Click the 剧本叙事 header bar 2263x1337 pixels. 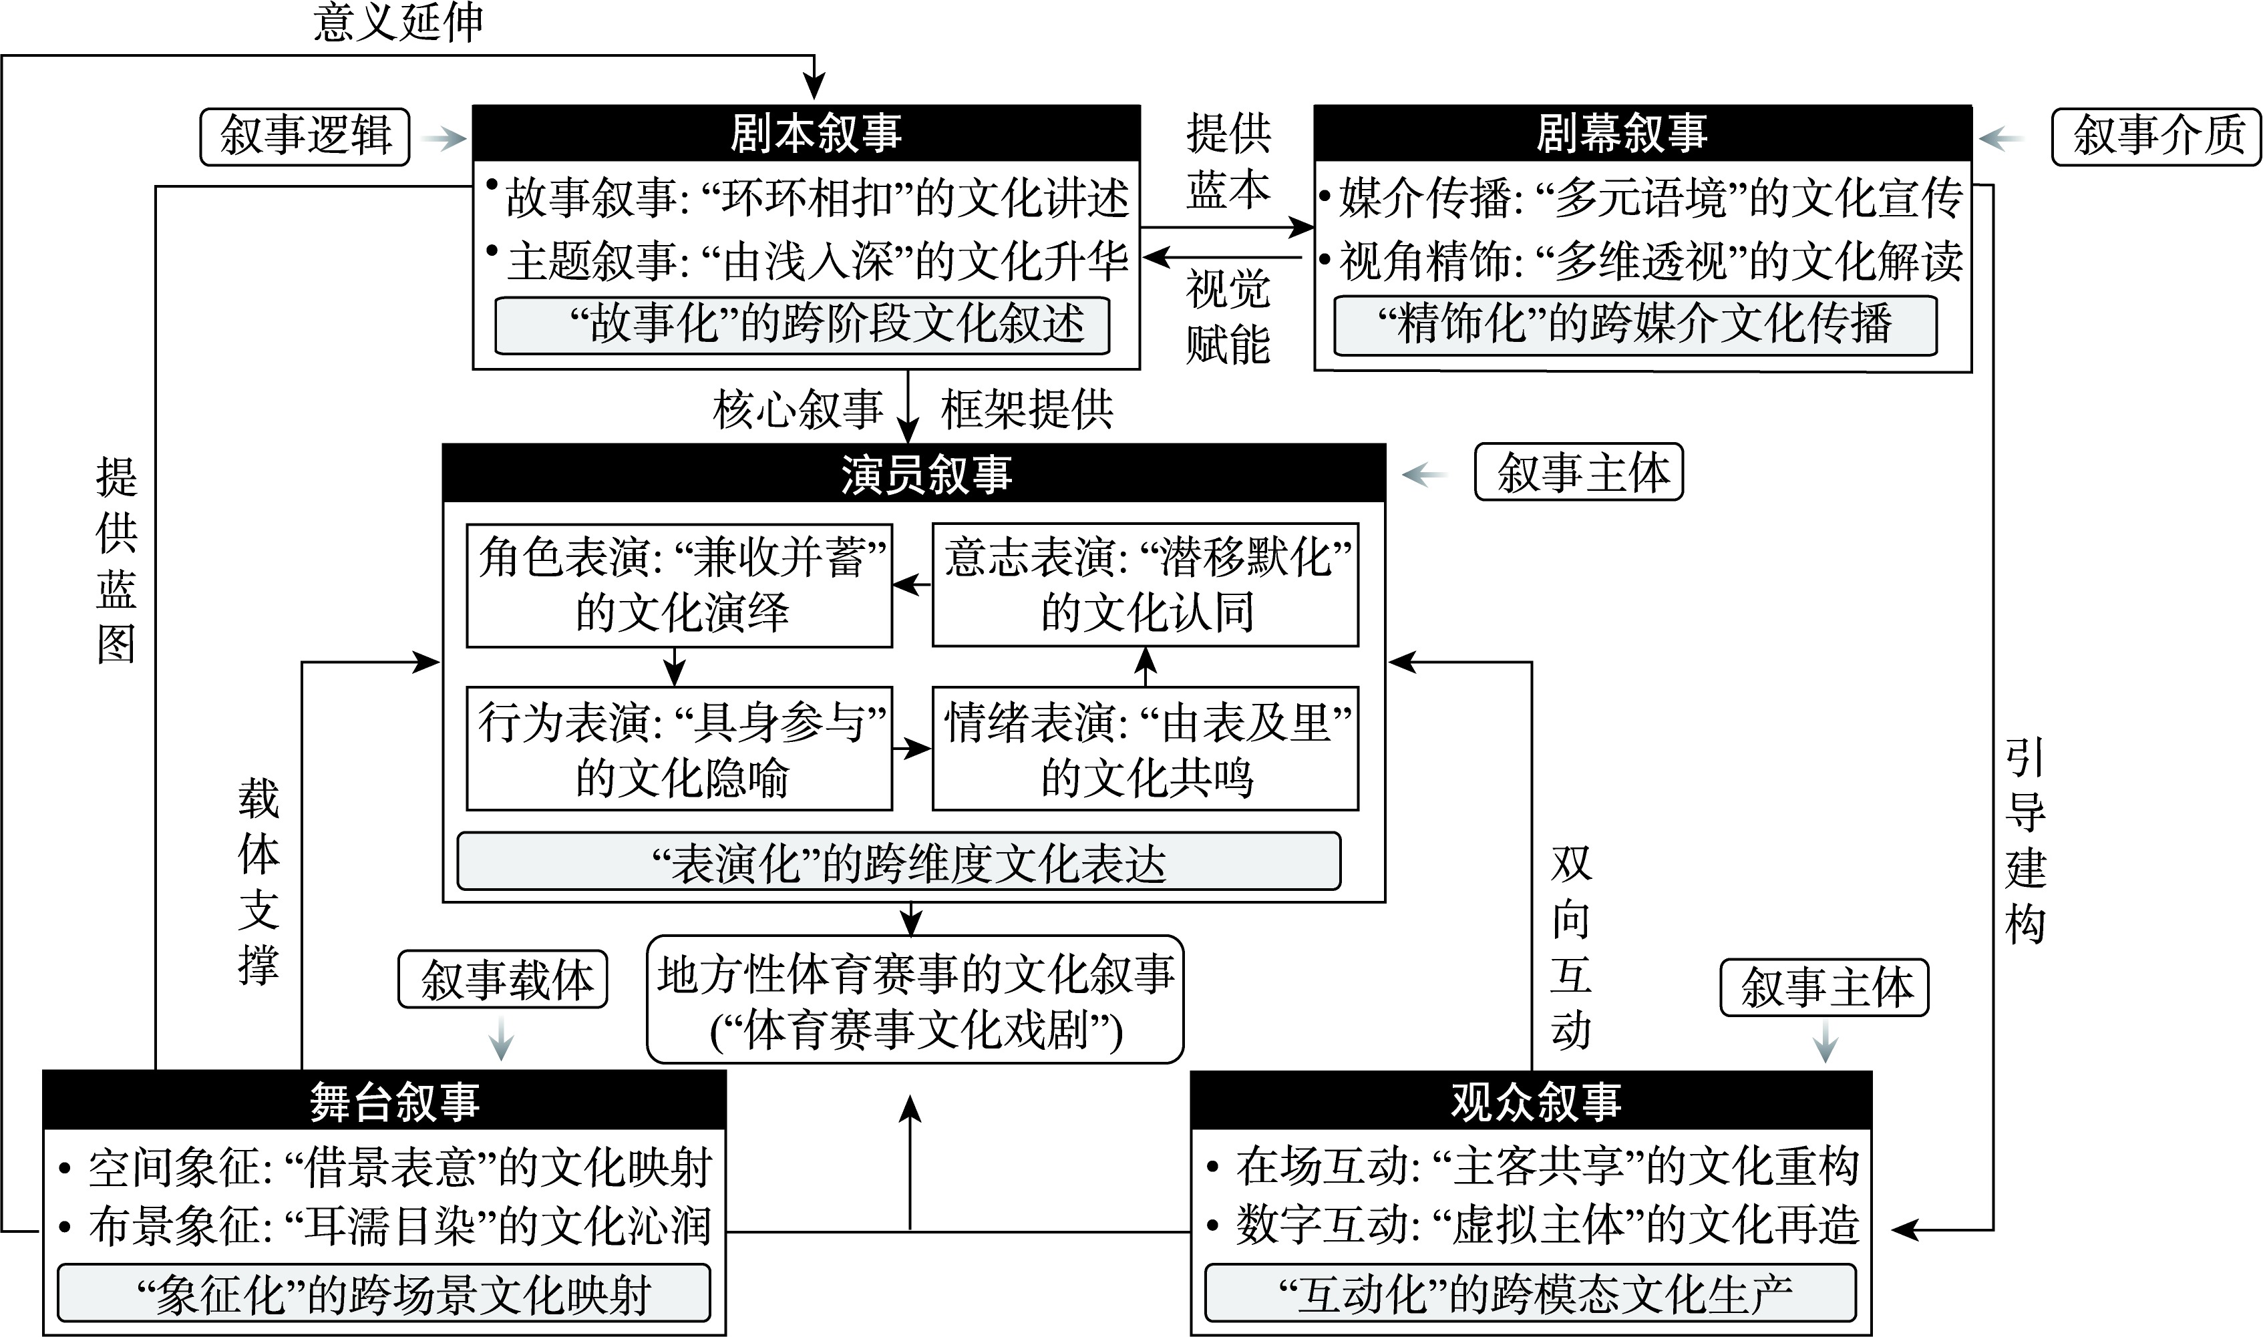806,134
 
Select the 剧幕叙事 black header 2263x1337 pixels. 1642,134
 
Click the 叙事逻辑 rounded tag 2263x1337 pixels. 305,137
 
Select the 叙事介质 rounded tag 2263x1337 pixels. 2156,137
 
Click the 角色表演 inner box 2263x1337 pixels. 679,586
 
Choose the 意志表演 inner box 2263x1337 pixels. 1145,586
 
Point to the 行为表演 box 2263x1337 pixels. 679,749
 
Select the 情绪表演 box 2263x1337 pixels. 1145,749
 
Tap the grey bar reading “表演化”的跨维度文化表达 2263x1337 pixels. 899,862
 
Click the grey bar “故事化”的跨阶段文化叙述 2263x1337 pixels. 802,325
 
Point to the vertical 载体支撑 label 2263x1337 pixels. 258,881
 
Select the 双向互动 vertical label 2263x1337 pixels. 1571,948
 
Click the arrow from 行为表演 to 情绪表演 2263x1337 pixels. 912,749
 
